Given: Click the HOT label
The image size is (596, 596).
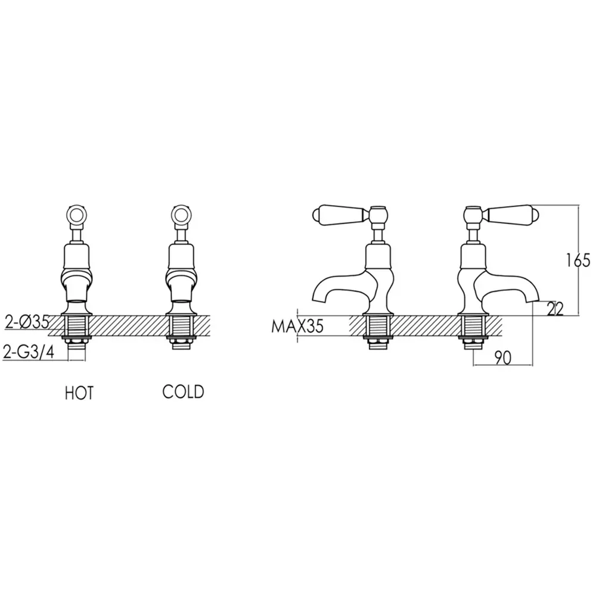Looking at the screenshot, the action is point(79,393).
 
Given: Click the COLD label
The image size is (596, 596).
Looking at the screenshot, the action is point(183,392).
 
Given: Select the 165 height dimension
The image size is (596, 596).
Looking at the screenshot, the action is point(578,260).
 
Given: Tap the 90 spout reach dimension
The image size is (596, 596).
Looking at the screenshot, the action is point(502,357).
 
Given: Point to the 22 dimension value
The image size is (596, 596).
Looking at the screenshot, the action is point(555,309).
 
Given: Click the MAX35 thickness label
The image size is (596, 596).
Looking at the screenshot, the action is point(297,326).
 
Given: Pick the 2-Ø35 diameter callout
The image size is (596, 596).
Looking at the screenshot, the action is point(27,322).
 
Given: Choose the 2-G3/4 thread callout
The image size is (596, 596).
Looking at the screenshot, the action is point(29,352).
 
